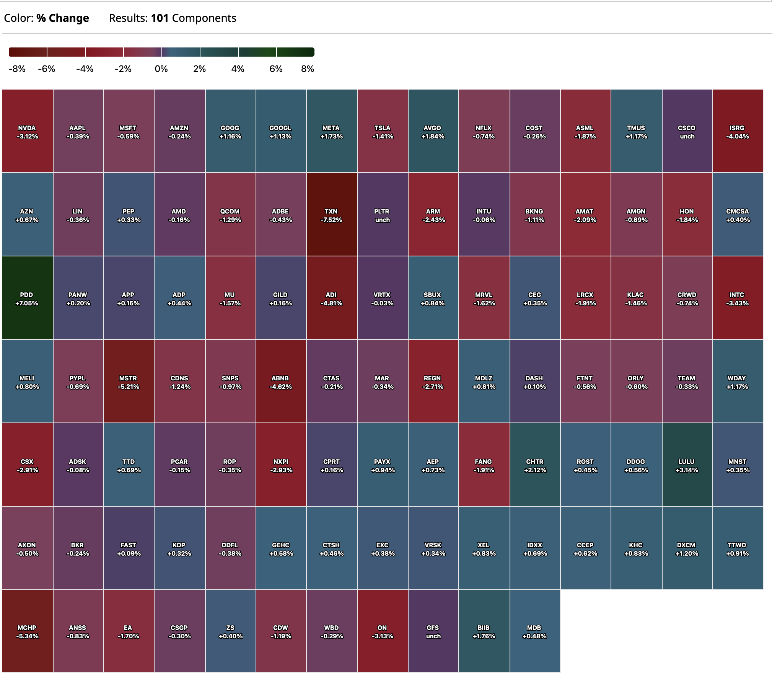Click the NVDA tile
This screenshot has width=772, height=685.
(x=27, y=132)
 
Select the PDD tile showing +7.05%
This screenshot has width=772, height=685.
(x=27, y=298)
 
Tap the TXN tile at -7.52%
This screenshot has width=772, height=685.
(x=331, y=215)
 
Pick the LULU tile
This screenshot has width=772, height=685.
(x=687, y=465)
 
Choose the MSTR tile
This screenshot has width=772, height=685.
(x=128, y=382)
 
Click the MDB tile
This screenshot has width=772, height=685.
(x=534, y=631)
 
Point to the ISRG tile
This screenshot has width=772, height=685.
(x=737, y=132)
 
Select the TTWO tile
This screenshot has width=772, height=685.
(x=737, y=549)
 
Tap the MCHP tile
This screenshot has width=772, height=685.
(x=27, y=631)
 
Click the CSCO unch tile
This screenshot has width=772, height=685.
(x=687, y=132)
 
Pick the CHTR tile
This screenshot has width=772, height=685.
(x=534, y=465)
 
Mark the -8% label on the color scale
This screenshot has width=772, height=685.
(x=17, y=69)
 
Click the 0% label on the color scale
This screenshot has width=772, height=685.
(x=161, y=69)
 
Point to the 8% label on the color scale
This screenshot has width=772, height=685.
(x=307, y=69)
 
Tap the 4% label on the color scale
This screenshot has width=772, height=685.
(x=238, y=69)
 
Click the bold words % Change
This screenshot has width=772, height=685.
(x=63, y=18)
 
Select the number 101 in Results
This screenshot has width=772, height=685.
(x=160, y=18)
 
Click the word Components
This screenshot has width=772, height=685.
(x=204, y=18)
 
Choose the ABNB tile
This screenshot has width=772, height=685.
(x=280, y=382)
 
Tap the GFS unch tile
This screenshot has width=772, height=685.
(x=433, y=631)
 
